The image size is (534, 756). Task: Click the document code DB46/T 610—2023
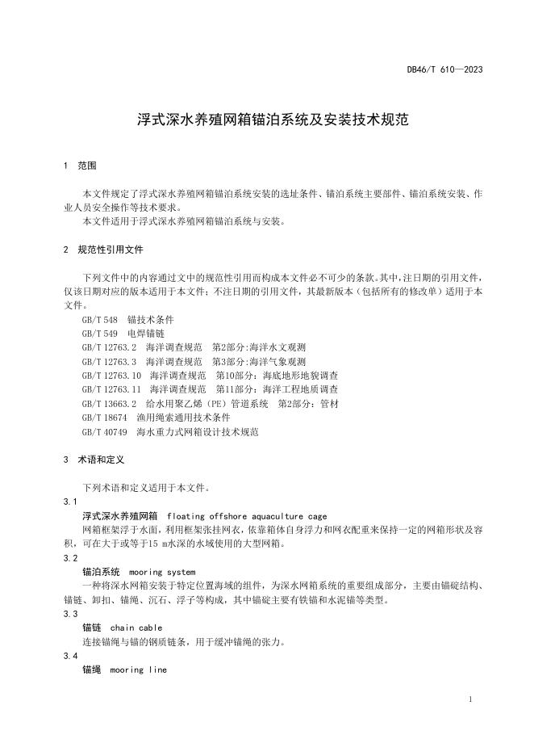444,69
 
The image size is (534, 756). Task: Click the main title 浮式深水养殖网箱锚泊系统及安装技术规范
266,121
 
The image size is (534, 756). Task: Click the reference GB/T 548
100,320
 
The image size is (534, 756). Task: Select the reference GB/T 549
100,334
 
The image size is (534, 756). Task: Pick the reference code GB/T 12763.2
109,348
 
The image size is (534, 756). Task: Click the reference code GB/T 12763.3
109,362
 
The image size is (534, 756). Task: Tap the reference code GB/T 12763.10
111,376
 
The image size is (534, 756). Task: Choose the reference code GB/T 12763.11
111,390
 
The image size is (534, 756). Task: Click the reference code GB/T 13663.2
109,404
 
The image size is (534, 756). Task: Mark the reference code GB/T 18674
105,418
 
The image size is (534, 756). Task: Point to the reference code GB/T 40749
105,432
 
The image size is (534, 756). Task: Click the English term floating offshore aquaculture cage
246,515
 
